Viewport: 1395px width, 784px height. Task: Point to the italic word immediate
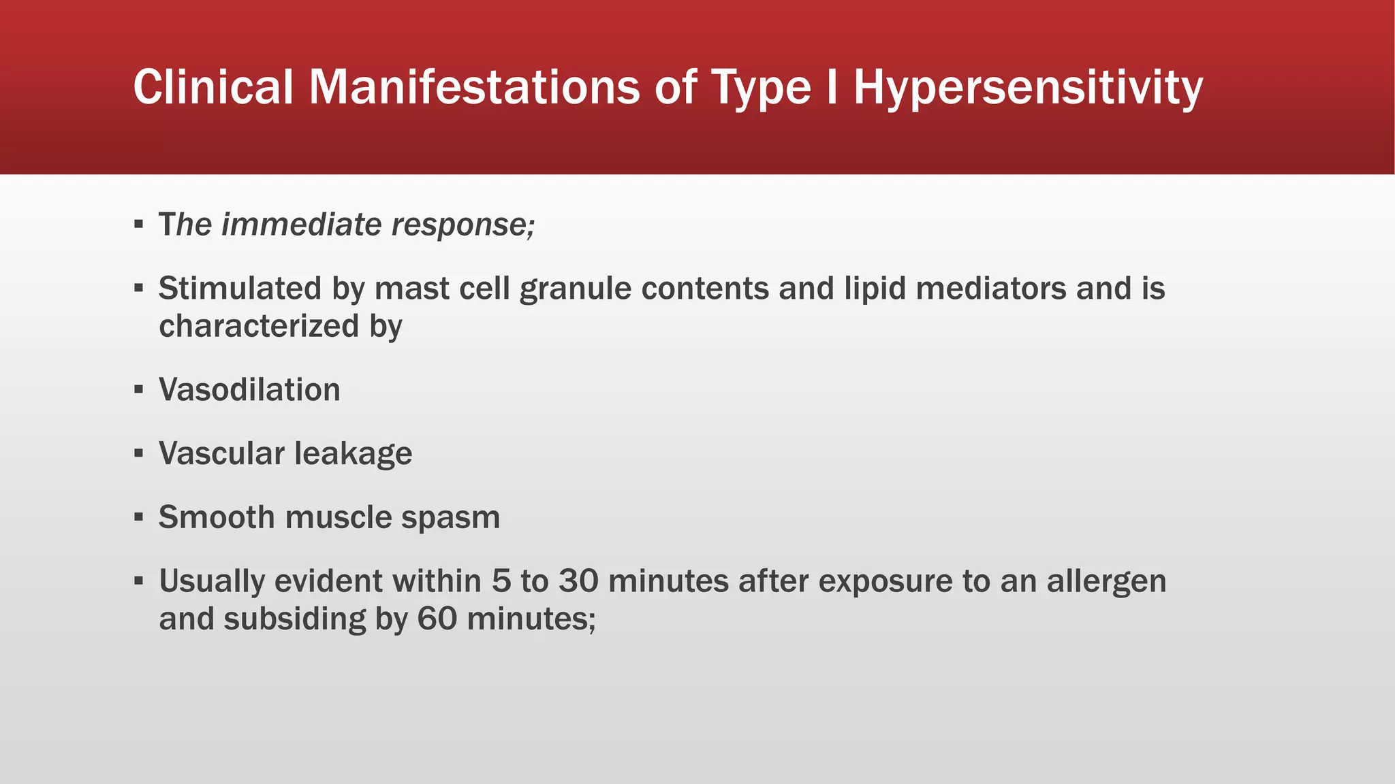301,225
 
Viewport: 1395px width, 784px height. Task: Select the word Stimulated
240,289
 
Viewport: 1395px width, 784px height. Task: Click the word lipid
874,289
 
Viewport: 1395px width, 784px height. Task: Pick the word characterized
259,326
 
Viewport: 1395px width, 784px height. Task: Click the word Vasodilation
249,390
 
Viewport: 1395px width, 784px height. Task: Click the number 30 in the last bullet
578,581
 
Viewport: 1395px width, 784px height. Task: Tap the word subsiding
294,619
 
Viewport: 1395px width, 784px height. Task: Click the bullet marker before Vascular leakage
139,453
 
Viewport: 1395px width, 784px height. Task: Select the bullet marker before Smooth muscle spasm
139,517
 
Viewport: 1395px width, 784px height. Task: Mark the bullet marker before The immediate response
139,224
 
